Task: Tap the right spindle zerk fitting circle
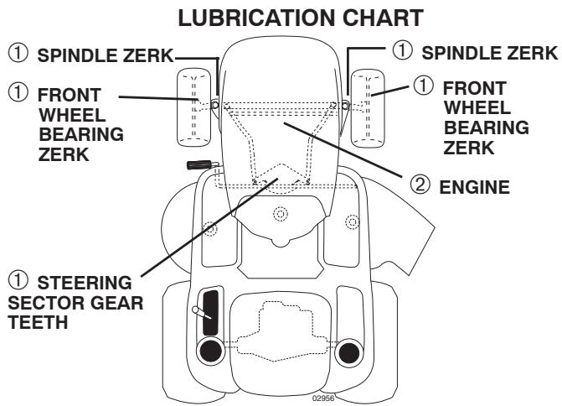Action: [344, 104]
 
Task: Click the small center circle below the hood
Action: [281, 215]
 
